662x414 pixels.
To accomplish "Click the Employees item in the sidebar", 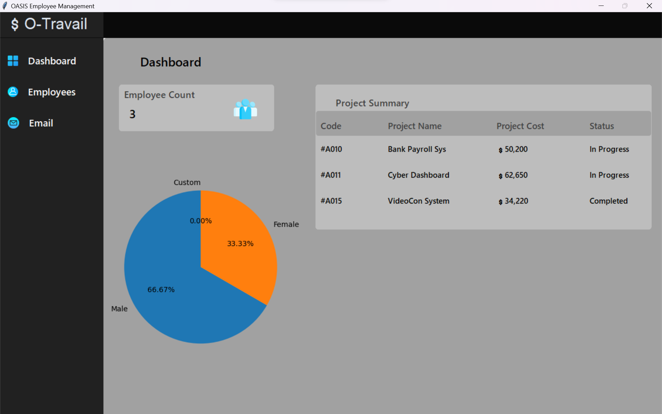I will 51,92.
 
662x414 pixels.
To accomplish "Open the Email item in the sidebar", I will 41,123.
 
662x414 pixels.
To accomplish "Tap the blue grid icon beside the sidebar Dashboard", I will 13,61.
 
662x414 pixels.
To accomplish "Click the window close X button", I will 649,6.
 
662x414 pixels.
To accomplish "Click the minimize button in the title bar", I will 601,6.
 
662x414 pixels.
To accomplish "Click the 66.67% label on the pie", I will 161,290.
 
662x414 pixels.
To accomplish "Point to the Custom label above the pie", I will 187,183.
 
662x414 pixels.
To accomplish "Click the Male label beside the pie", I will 119,309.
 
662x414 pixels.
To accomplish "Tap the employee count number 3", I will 132,114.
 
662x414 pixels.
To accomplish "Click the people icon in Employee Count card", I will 245,109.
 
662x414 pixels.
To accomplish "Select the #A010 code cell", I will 331,149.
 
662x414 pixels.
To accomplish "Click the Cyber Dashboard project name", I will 418,175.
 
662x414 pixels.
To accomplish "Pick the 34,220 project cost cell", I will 516,201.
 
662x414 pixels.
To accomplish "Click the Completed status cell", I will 608,201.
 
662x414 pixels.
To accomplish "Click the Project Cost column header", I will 520,126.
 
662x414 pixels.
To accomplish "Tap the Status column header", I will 601,126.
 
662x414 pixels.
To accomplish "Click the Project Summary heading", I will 372,103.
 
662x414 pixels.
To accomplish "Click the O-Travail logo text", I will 56,24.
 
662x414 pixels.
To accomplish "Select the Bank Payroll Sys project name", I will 417,149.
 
